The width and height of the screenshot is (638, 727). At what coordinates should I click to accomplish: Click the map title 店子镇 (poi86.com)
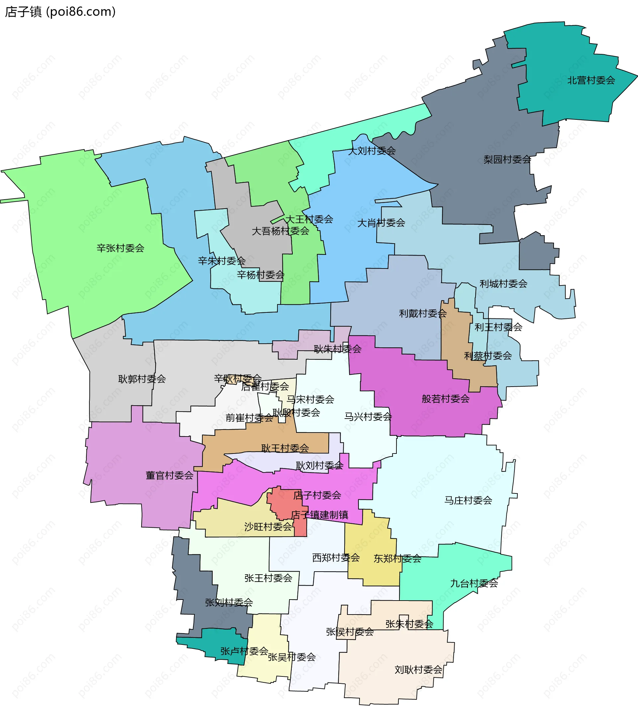click(x=60, y=12)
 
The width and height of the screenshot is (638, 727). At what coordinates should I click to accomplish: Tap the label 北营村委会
click(x=591, y=81)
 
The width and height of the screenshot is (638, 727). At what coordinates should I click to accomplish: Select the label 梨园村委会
click(x=507, y=159)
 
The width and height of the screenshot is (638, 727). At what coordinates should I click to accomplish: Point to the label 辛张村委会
click(x=120, y=248)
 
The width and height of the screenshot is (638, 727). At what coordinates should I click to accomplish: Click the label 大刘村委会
click(x=372, y=151)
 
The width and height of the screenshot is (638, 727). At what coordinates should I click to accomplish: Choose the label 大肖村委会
click(x=381, y=223)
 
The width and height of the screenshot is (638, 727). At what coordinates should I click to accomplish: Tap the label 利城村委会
click(x=503, y=284)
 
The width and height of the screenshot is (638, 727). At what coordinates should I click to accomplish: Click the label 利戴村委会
click(x=423, y=313)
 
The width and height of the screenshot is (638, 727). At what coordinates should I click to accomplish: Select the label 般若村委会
click(x=446, y=399)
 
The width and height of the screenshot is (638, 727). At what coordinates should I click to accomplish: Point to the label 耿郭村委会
click(x=142, y=379)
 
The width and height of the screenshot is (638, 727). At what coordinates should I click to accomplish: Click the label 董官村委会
click(x=169, y=475)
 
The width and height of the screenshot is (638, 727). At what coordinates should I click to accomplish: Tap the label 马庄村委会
click(x=468, y=500)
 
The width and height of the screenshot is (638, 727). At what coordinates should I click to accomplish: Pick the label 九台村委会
click(x=474, y=583)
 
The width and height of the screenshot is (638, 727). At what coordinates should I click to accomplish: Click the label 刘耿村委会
click(x=418, y=670)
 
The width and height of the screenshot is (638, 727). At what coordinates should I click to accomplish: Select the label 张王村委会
click(x=268, y=578)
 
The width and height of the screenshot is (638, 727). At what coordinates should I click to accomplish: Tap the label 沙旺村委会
click(x=268, y=527)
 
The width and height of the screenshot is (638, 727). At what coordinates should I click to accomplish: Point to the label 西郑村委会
click(x=336, y=558)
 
